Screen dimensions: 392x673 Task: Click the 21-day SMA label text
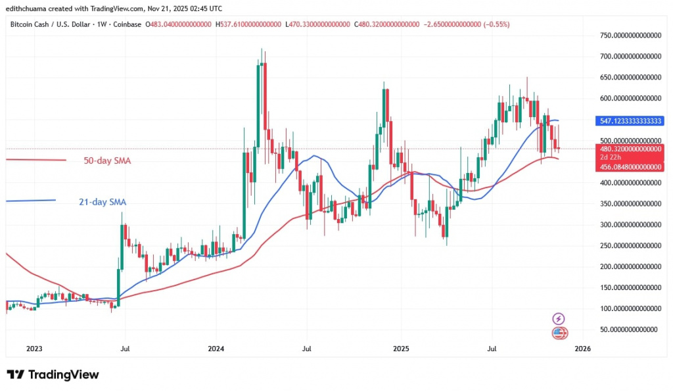(x=98, y=203)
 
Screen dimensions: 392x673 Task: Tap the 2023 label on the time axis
(x=35, y=349)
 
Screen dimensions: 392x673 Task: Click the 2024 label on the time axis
(x=217, y=349)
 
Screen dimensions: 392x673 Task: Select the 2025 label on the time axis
(x=400, y=349)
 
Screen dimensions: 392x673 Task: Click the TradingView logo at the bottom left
(x=53, y=375)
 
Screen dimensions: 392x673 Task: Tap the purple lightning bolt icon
(x=559, y=319)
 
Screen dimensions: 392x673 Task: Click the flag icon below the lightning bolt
(x=559, y=333)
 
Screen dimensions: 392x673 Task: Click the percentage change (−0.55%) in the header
(x=496, y=24)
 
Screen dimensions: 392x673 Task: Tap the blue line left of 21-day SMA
(x=30, y=201)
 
